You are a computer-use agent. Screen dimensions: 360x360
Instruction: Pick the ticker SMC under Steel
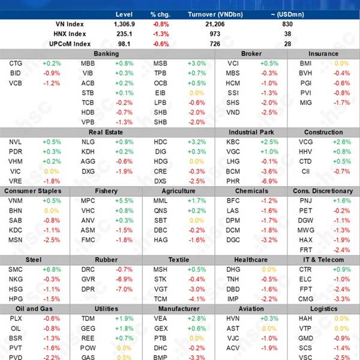pyautogui.click(x=16, y=269)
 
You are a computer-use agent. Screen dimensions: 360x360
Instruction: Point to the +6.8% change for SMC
pyautogui.click(x=52, y=269)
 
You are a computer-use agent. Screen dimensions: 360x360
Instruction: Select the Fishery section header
pyautogui.click(x=106, y=191)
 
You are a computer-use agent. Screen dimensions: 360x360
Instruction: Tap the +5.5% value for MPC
pyautogui.click(x=124, y=201)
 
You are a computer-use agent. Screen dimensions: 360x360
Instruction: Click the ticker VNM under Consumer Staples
pyautogui.click(x=16, y=201)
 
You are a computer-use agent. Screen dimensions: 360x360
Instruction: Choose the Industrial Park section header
pyautogui.click(x=250, y=132)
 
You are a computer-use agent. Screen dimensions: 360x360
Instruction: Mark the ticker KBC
pyautogui.click(x=233, y=142)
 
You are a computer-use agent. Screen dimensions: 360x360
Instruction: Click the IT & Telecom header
pyautogui.click(x=323, y=260)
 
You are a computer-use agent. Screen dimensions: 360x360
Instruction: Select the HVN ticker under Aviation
pyautogui.click(x=233, y=319)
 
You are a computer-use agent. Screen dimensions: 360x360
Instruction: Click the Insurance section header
pyautogui.click(x=323, y=54)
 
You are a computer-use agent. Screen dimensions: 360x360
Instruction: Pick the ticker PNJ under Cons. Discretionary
pyautogui.click(x=306, y=201)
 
